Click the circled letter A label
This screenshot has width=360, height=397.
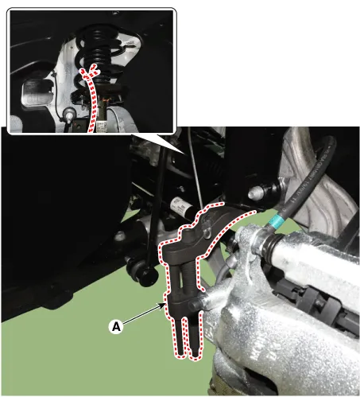click(116, 326)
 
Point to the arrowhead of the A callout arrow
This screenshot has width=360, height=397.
click(163, 306)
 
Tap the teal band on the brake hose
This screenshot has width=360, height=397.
click(277, 221)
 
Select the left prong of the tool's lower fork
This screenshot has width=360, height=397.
click(180, 336)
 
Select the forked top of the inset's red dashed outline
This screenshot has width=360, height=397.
click(90, 71)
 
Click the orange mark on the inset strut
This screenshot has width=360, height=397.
click(105, 100)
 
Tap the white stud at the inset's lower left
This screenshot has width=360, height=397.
click(69, 116)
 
